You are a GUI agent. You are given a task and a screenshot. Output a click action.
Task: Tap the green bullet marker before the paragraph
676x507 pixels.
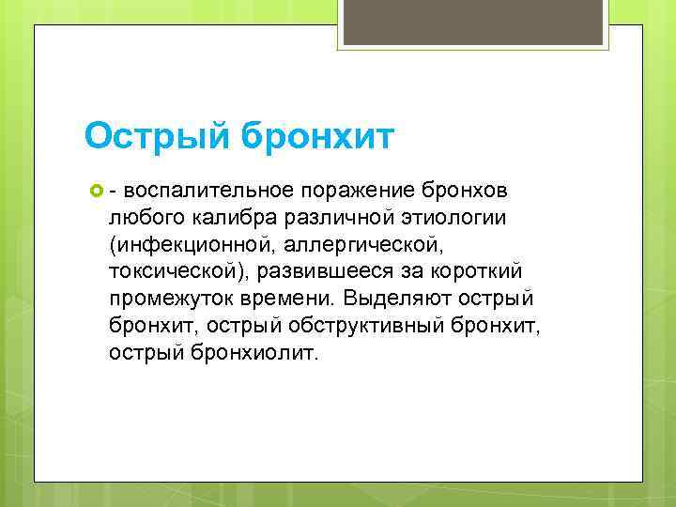94,192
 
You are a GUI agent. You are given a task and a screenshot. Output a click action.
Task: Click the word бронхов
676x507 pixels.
466,192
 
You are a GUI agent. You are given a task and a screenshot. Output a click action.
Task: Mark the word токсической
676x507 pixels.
171,273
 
